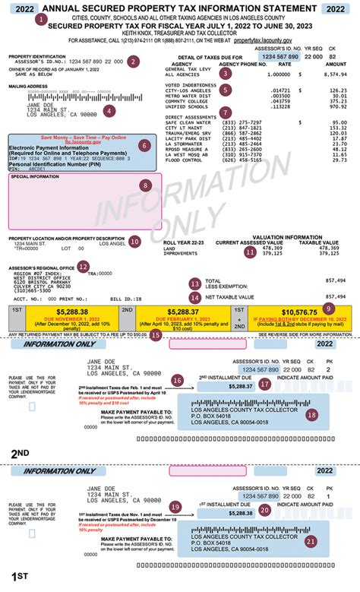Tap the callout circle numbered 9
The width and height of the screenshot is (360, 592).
[x=329, y=308]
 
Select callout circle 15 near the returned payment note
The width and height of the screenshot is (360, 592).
[x=156, y=333]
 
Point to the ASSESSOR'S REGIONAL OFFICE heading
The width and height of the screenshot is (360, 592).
[x=41, y=268]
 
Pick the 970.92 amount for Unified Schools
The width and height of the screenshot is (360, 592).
[x=335, y=106]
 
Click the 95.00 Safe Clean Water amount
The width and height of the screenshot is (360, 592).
[x=339, y=122]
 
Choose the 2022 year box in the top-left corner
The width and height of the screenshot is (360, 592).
[x=21, y=8]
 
